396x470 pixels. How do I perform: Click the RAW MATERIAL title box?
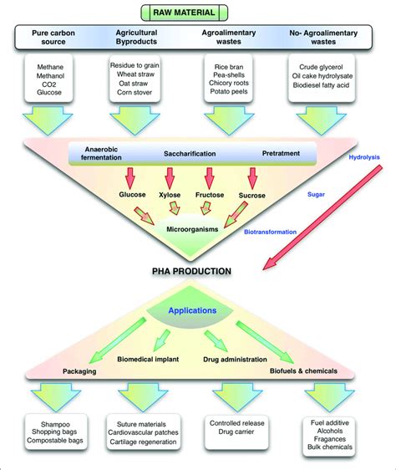(196, 12)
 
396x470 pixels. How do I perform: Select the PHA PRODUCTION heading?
(191, 271)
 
